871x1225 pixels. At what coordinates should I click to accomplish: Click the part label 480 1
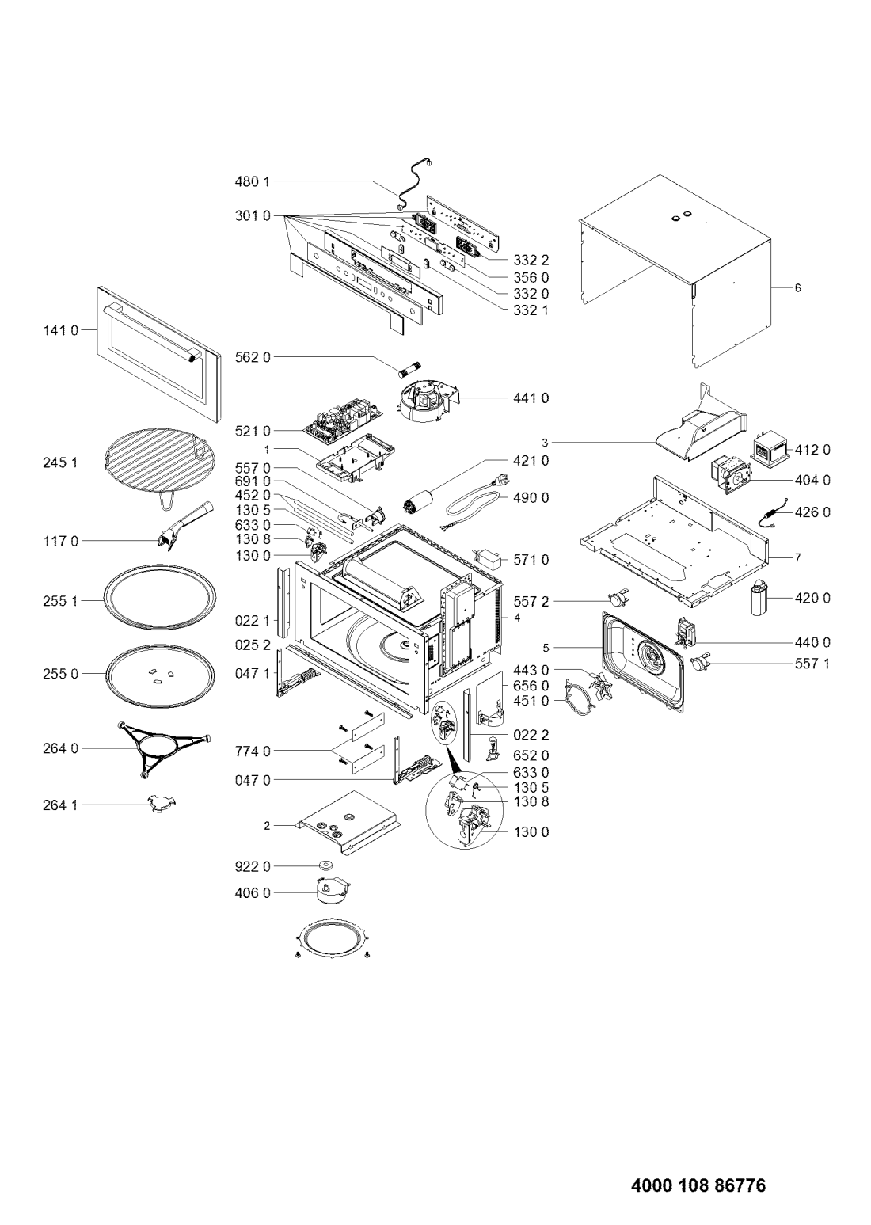[253, 181]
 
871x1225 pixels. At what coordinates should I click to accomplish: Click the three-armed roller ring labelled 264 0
[163, 748]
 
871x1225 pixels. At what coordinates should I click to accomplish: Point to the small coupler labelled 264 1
[162, 804]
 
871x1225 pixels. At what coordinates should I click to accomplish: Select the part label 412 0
[812, 450]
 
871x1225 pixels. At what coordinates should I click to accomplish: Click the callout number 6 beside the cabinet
[797, 287]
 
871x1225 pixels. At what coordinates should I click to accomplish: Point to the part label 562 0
[253, 358]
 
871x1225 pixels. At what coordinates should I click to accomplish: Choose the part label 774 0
[253, 751]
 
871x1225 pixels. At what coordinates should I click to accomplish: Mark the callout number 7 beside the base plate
[797, 557]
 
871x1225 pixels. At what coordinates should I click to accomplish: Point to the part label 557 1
[812, 664]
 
